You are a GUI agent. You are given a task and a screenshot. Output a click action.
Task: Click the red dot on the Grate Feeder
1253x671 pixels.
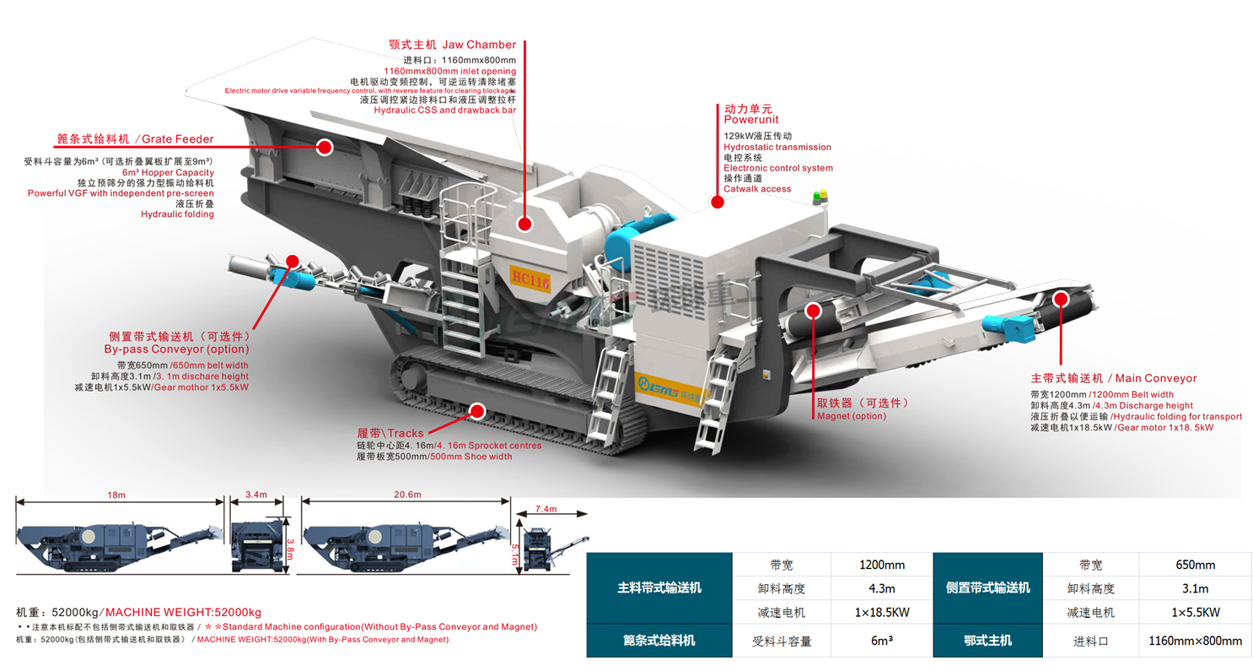325,147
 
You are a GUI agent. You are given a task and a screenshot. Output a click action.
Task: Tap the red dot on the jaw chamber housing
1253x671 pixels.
524,224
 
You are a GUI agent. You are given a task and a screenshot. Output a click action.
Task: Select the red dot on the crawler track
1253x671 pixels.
478,411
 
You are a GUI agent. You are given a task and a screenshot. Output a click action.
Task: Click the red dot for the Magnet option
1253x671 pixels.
813,311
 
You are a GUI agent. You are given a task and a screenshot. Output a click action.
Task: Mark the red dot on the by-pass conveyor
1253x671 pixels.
293,260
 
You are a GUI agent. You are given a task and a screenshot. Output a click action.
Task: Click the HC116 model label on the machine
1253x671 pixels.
530,279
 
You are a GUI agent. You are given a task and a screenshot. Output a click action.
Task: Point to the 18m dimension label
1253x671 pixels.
116,495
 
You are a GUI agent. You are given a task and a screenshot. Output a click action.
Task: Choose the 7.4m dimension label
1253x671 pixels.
546,509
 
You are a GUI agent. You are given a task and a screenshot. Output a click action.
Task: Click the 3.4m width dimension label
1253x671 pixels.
255,495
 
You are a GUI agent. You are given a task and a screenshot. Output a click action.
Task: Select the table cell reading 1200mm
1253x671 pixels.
881,565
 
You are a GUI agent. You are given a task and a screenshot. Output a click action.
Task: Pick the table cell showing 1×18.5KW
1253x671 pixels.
881,612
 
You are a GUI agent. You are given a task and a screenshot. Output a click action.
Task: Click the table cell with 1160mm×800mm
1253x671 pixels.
1195,641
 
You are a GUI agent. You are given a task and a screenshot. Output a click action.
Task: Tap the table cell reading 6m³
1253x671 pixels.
881,641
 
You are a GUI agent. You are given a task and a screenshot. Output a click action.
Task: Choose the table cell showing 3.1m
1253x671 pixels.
1195,588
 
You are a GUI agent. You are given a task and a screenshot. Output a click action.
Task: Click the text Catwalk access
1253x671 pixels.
757,189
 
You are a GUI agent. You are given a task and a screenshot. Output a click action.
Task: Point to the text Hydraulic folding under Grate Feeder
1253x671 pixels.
177,214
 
